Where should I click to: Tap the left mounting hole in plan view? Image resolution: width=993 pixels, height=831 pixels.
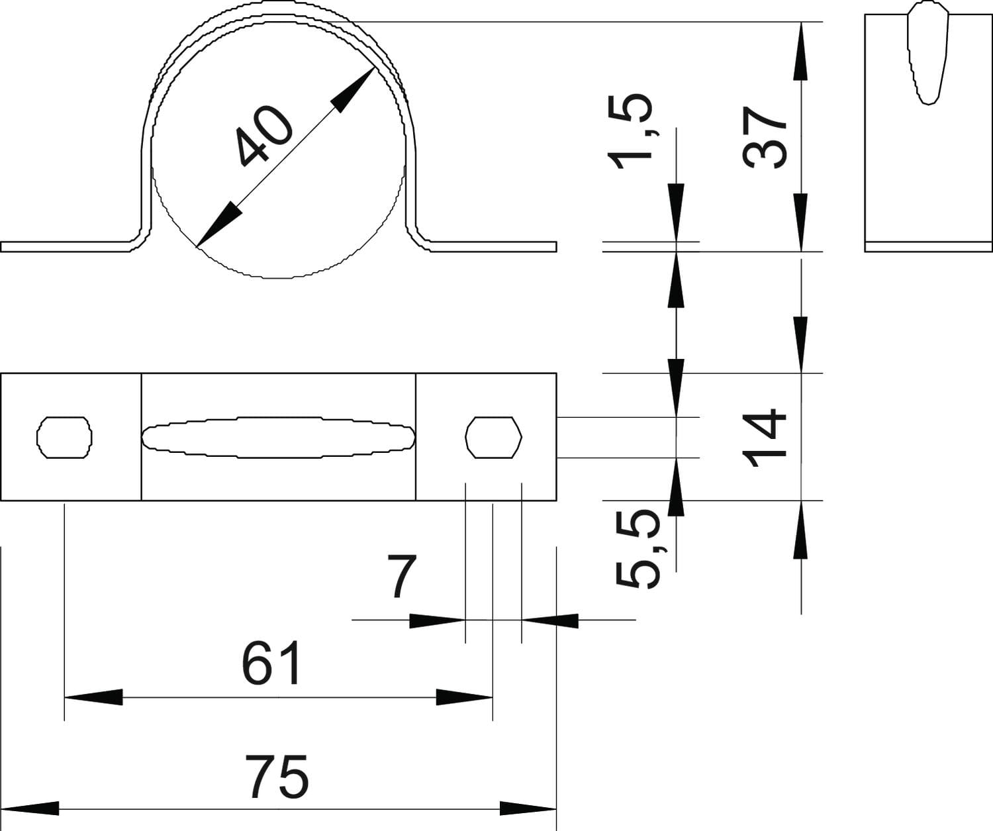coord(64,437)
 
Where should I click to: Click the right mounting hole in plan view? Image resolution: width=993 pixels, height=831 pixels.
coord(494,437)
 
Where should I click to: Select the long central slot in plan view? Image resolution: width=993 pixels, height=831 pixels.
coord(278,438)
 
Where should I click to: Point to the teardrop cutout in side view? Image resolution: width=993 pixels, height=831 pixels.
coord(927,53)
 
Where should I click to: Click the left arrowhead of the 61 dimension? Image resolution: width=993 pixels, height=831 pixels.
coord(93,697)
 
